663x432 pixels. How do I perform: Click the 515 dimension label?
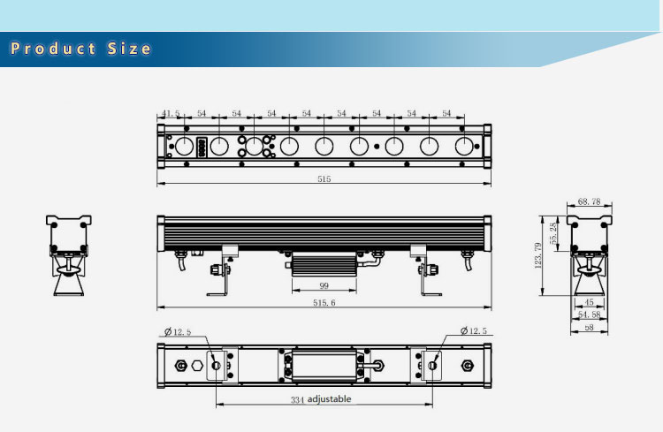coord(324,178)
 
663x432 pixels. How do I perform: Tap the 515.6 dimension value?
coord(324,303)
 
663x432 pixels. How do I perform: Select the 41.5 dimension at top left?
coord(171,113)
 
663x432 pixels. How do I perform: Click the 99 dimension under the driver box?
coord(324,285)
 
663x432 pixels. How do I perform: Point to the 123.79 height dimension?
coord(537,255)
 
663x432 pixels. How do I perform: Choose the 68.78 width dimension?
coord(589,201)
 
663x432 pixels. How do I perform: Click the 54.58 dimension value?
coord(589,315)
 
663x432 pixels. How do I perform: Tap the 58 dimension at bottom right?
coord(589,327)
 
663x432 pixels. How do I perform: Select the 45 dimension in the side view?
coord(589,302)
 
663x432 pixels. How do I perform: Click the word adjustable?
coord(329,399)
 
